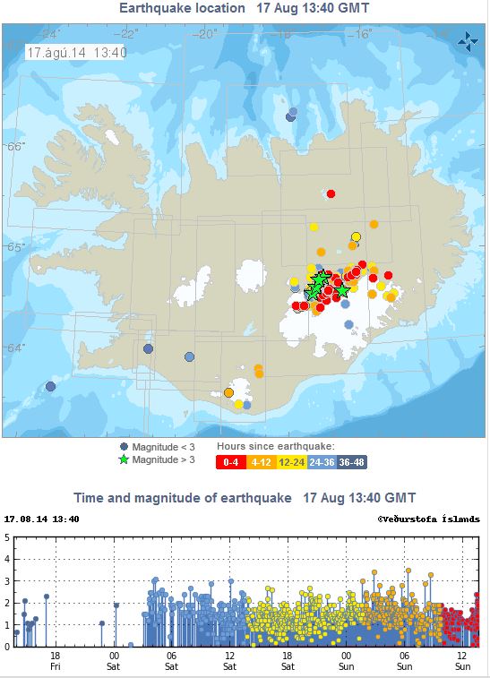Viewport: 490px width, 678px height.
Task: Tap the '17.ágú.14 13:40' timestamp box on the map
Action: [x=77, y=52]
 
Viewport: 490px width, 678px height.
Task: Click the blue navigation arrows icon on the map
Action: [x=467, y=41]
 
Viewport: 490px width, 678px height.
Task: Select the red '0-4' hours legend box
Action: [x=230, y=462]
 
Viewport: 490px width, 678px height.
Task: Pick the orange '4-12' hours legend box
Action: [x=261, y=462]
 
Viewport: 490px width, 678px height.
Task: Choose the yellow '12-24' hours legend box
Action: [x=291, y=462]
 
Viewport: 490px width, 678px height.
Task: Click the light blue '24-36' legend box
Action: [x=322, y=462]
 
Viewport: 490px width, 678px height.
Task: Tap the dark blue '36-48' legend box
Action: [x=352, y=462]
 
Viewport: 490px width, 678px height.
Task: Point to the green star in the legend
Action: [x=124, y=459]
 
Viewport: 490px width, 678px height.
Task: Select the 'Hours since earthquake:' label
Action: [x=275, y=445]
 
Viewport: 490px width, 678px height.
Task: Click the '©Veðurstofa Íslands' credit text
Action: [x=428, y=519]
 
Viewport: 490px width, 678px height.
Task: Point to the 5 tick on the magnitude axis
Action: [x=7, y=537]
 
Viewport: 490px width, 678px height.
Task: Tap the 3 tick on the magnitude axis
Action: [x=7, y=581]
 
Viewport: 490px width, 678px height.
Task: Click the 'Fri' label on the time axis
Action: [x=56, y=665]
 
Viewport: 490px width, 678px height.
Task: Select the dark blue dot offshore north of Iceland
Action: [x=291, y=116]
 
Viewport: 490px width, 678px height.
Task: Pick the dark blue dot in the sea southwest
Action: [x=51, y=386]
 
